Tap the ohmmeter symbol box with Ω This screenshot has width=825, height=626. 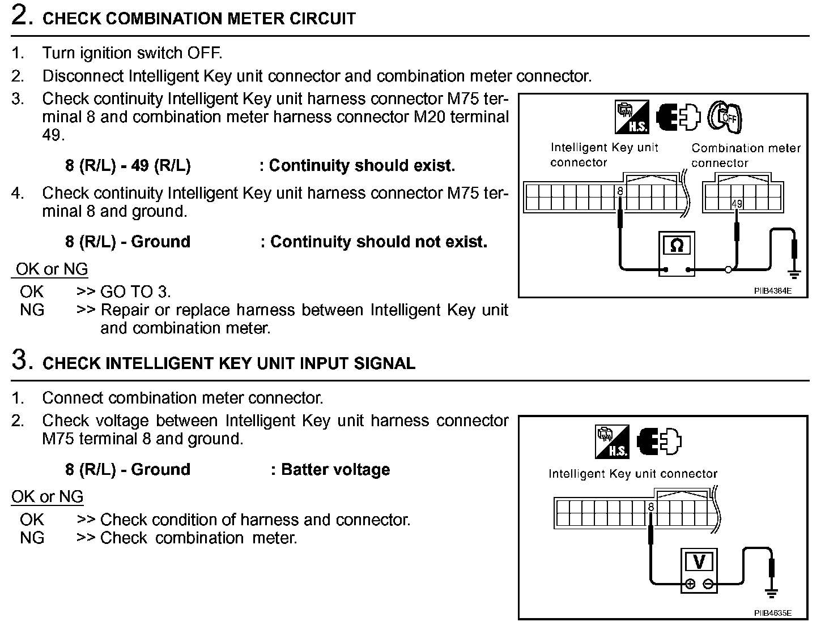[x=677, y=246]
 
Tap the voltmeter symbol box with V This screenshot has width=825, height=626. [x=699, y=562]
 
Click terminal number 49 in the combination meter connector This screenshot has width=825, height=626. [x=737, y=204]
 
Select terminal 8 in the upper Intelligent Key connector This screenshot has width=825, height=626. [x=620, y=191]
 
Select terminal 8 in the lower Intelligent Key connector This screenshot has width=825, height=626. [x=651, y=507]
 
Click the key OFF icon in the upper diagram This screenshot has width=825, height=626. [x=725, y=117]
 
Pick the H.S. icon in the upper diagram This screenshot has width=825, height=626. [x=631, y=118]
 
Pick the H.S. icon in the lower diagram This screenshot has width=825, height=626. [x=612, y=442]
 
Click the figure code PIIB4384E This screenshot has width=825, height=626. [x=772, y=291]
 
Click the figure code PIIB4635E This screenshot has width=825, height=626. [x=772, y=613]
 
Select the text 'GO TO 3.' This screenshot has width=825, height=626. [x=135, y=292]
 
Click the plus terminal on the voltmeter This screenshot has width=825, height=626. [x=690, y=584]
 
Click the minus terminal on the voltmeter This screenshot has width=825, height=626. [x=708, y=584]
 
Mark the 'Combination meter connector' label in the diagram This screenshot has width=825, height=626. [x=745, y=155]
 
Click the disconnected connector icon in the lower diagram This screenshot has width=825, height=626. [x=660, y=441]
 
